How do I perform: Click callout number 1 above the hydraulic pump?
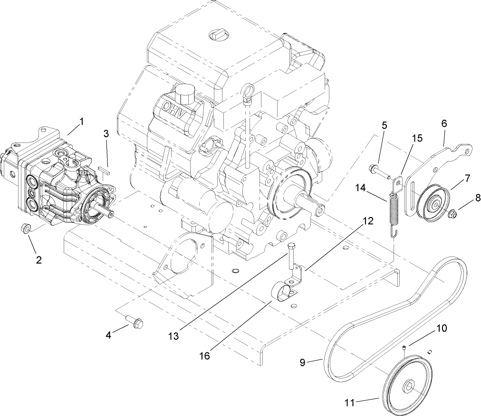tap(81, 122)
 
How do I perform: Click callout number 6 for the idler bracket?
tap(444, 123)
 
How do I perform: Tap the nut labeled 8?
tap(453, 214)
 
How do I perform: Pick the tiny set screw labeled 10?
tap(404, 349)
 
